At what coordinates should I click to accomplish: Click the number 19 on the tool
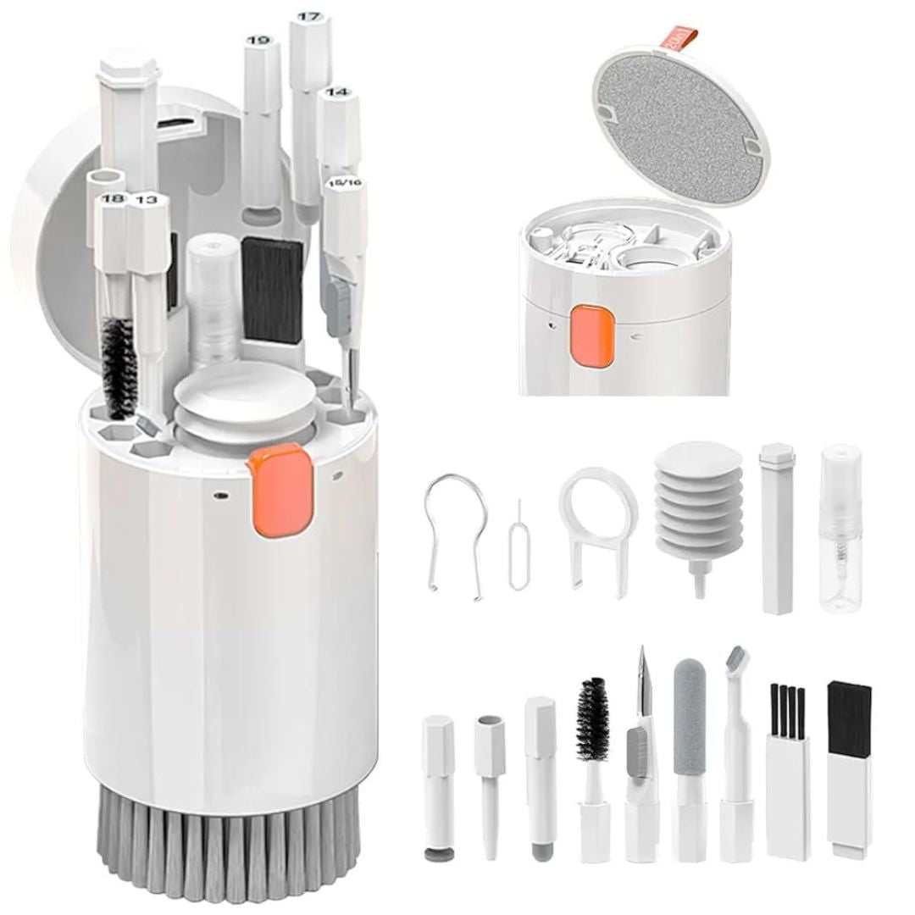258,40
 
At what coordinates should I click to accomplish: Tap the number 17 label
308,16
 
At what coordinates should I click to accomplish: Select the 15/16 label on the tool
346,182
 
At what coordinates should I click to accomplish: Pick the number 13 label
146,199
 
